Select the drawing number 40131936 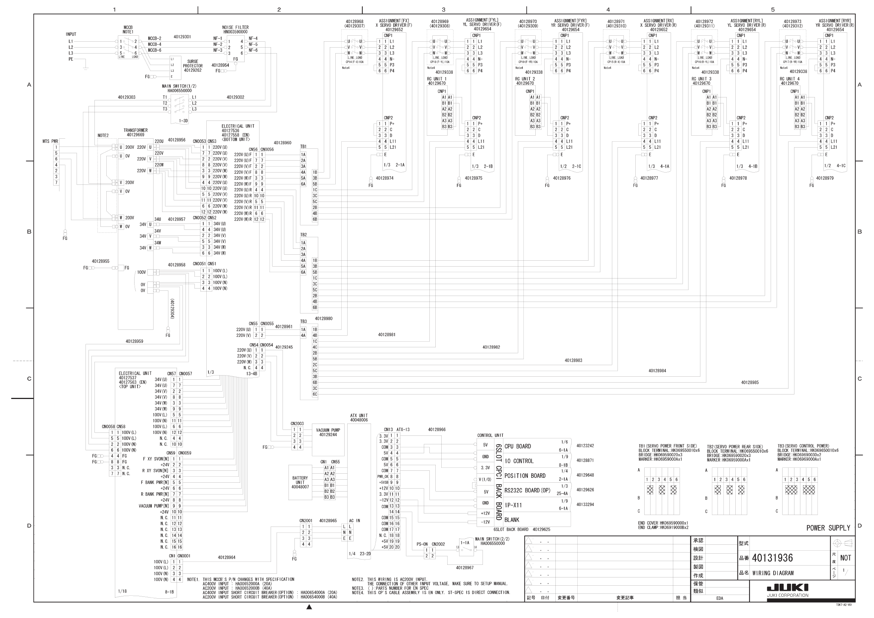pyautogui.click(x=773, y=558)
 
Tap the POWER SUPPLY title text pyautogui.click(x=828, y=528)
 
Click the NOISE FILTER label pyautogui.click(x=235, y=28)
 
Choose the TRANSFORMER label pyautogui.click(x=136, y=130)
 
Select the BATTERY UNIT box pyautogui.click(x=300, y=482)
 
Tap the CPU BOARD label pyautogui.click(x=517, y=446)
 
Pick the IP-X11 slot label pyautogui.click(x=513, y=505)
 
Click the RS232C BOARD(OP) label pyautogui.click(x=527, y=490)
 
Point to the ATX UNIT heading pyautogui.click(x=359, y=416)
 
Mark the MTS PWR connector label pyautogui.click(x=50, y=141)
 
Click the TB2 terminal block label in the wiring pyautogui.click(x=303, y=235)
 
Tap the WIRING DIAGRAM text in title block pyautogui.click(x=773, y=573)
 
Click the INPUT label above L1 pyautogui.click(x=71, y=34)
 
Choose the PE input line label pyautogui.click(x=71, y=59)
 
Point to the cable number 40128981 pyautogui.click(x=386, y=335)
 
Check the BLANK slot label pyautogui.click(x=512, y=520)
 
